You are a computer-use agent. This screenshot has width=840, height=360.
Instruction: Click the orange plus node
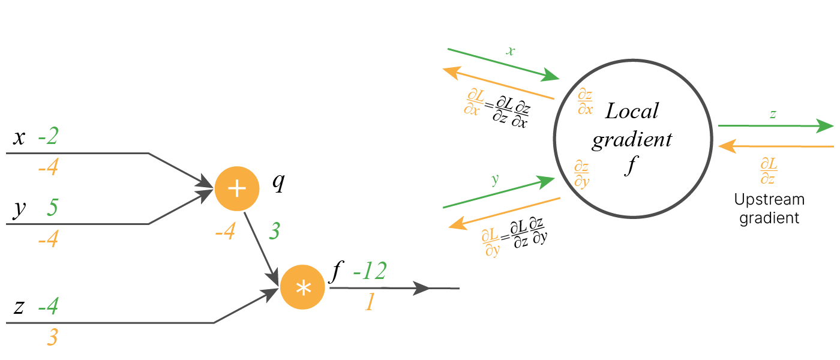(237, 188)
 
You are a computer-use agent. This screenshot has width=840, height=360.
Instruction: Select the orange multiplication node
(303, 287)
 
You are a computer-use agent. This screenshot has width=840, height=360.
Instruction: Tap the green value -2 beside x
(48, 137)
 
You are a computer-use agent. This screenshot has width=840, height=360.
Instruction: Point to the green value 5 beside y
(52, 208)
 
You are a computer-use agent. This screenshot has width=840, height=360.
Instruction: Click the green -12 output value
(369, 272)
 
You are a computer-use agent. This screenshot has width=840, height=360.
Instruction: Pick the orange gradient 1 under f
(370, 302)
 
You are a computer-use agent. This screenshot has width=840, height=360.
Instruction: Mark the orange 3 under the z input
(52, 338)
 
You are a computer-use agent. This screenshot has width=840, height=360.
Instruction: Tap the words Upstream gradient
(769, 208)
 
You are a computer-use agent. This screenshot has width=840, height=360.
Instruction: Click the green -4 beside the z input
(48, 307)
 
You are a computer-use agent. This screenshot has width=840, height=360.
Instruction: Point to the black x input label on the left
(19, 138)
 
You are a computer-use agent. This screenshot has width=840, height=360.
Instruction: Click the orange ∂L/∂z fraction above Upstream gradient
(769, 171)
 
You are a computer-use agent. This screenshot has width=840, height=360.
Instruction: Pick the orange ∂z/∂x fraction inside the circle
(585, 101)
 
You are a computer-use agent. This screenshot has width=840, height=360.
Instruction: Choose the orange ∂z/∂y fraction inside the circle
(581, 175)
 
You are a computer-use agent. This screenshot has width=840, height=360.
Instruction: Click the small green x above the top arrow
(510, 52)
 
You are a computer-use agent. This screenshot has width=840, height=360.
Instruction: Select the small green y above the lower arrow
(495, 180)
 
